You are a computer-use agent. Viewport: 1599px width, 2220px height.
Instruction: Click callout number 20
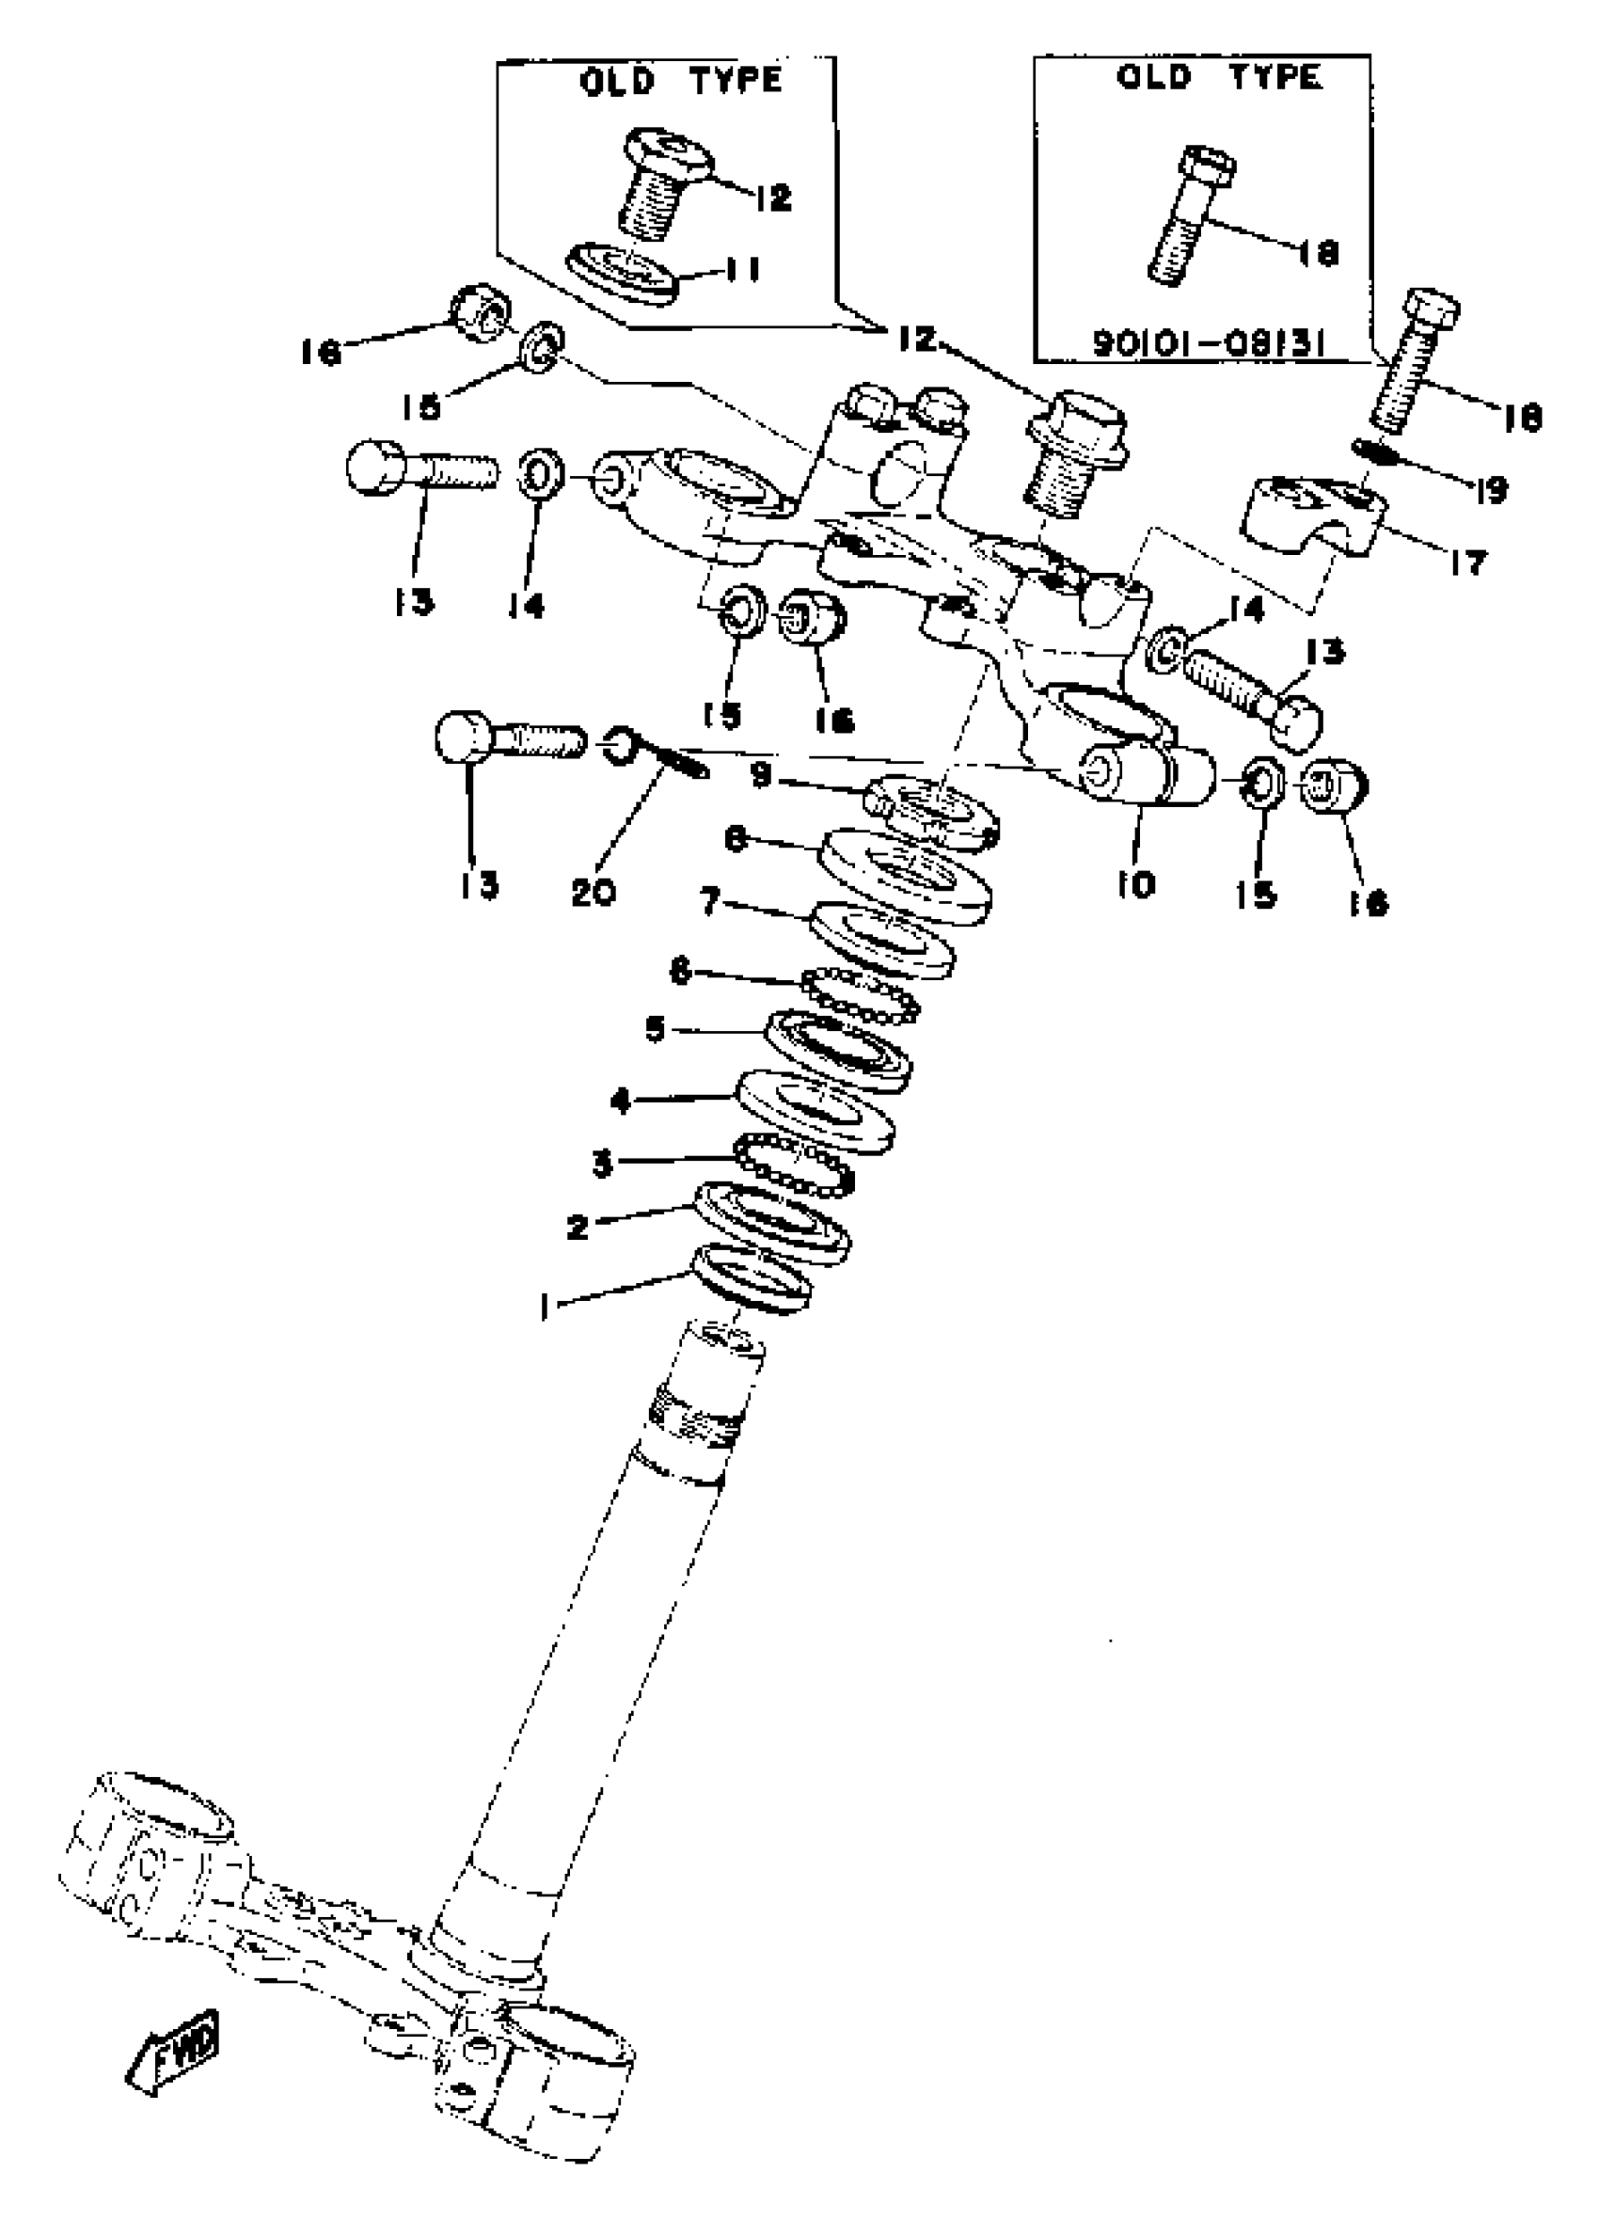coord(593,891)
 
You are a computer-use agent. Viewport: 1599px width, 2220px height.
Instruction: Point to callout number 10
coord(1136,884)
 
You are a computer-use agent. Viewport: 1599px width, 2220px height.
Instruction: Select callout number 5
coord(656,1030)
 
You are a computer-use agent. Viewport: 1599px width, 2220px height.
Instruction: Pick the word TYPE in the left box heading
coord(735,80)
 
